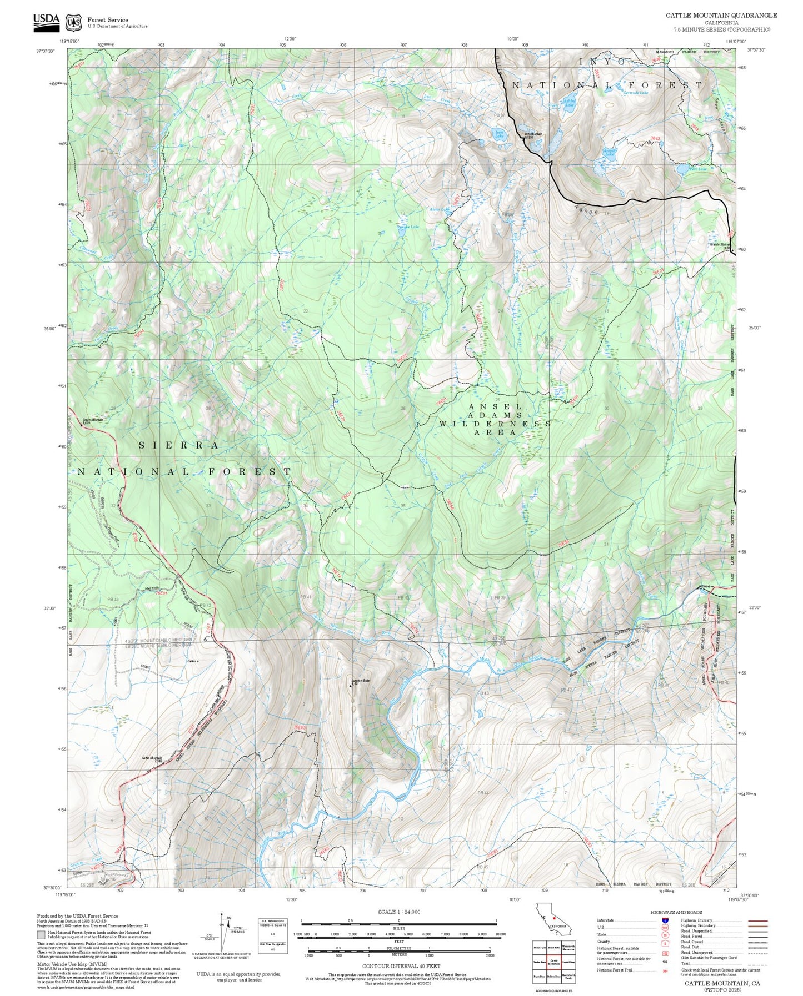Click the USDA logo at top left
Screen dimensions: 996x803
(46, 21)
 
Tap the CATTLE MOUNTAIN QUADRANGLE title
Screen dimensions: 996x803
(721, 16)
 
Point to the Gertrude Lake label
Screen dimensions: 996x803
(635, 93)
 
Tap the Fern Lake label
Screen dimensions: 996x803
(697, 169)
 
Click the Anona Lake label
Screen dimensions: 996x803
(609, 151)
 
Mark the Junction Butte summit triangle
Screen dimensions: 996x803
(351, 685)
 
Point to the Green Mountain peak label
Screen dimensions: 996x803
(93, 420)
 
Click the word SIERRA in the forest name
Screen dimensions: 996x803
(178, 445)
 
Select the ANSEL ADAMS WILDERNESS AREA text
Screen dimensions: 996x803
(495, 419)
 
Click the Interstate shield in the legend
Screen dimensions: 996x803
(665, 920)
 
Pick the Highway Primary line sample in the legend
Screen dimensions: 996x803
(757, 920)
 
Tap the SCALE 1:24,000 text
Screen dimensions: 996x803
(399, 912)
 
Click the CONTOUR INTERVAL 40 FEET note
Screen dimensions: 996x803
(401, 966)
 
